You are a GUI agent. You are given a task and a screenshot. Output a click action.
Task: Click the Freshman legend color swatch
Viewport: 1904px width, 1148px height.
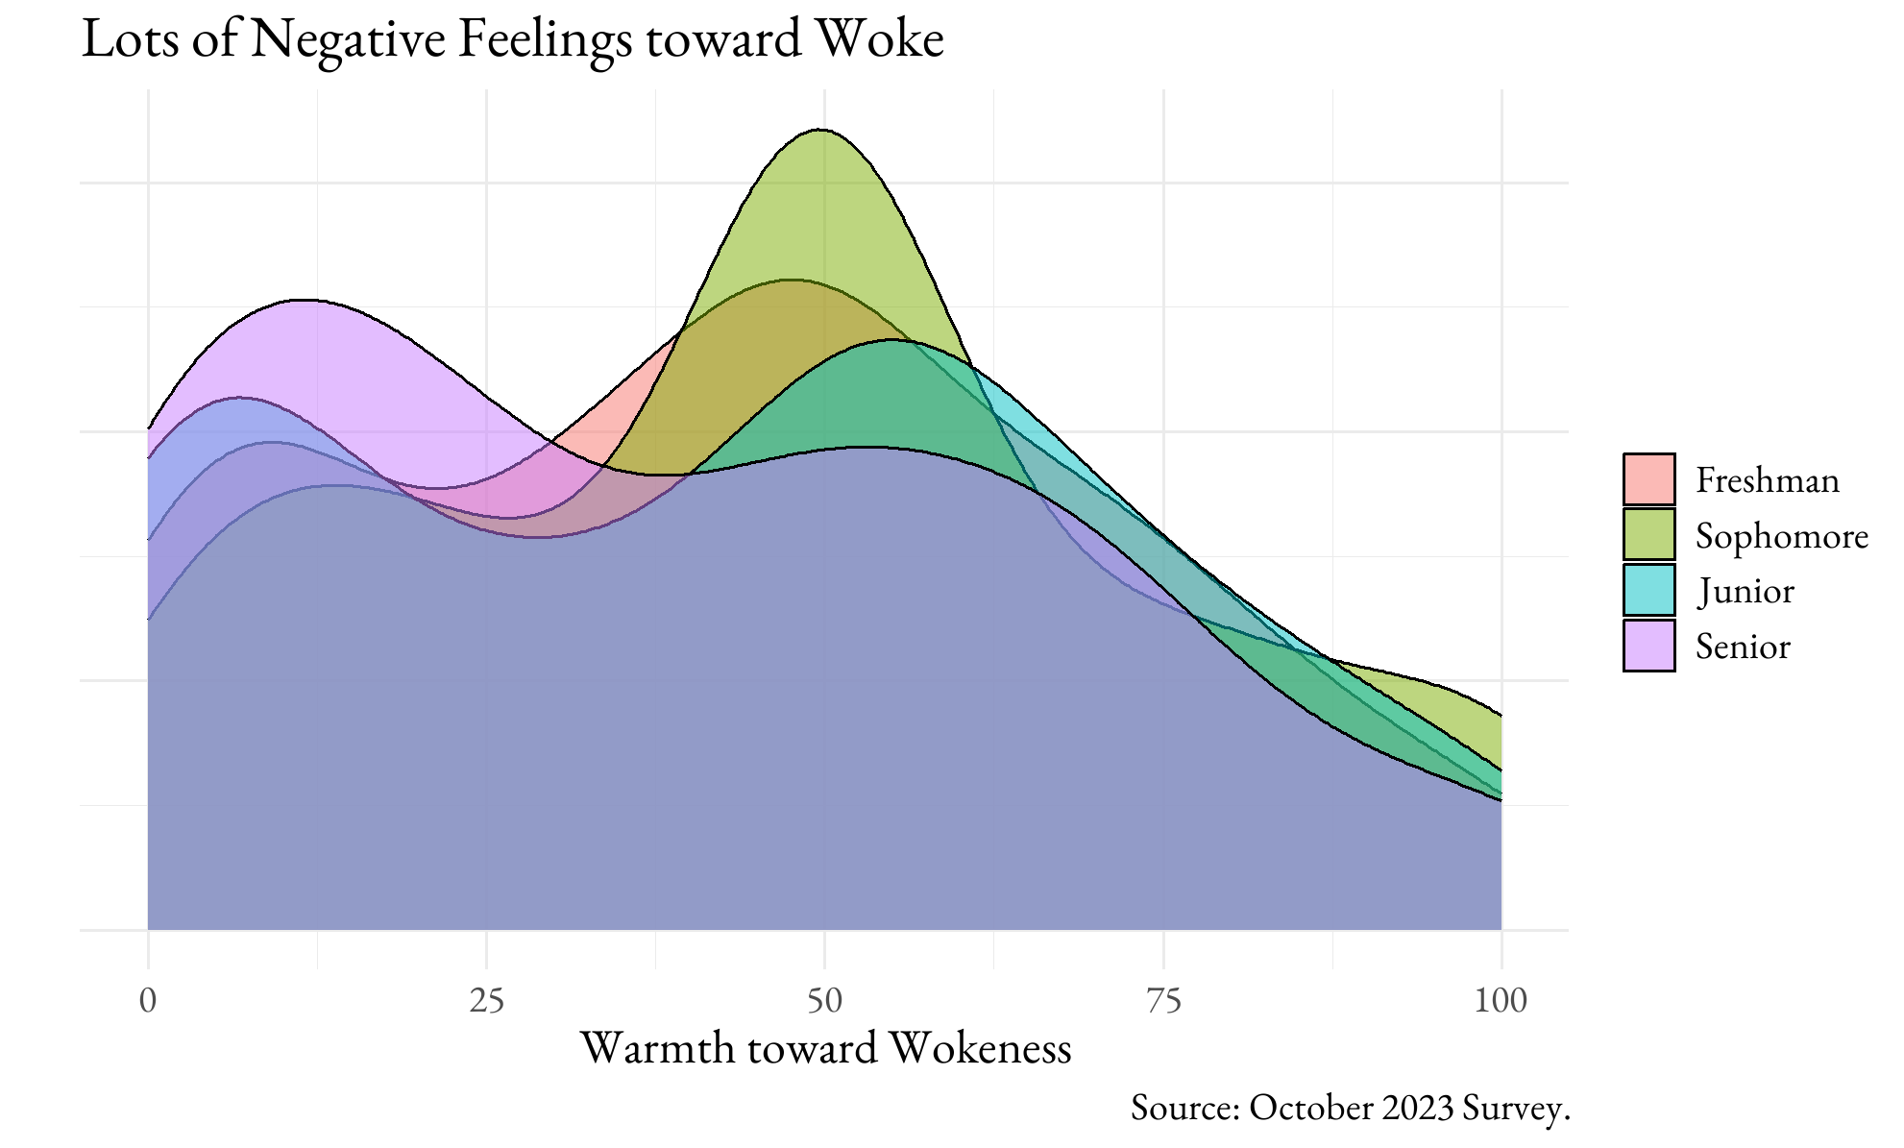tap(1648, 479)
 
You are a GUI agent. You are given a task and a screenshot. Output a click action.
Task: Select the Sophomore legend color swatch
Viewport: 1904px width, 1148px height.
tap(1648, 534)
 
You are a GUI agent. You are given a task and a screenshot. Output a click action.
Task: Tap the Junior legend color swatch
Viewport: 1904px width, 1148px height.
tap(1648, 590)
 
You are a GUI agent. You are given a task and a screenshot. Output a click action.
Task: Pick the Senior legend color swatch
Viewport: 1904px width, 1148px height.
tap(1648, 646)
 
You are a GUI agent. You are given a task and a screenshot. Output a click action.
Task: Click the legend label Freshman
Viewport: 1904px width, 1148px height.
tap(1767, 480)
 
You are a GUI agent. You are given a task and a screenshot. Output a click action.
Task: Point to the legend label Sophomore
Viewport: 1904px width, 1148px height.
tap(1781, 536)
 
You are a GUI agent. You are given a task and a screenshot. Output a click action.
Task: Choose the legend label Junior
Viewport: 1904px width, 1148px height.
tap(1745, 591)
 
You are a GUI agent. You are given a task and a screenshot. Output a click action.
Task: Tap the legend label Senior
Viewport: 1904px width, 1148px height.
tap(1743, 647)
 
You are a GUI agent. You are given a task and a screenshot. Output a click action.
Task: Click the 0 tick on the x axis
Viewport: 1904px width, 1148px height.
tap(148, 1001)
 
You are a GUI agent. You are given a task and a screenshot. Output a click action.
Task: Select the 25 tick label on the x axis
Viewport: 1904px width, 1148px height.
tap(486, 1001)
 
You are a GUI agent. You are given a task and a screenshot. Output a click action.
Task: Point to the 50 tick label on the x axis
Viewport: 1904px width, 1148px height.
tap(824, 1001)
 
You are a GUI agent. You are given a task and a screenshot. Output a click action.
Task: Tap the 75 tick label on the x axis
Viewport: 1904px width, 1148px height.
tap(1163, 1001)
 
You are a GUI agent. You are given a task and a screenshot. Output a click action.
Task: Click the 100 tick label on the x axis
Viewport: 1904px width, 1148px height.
tap(1501, 1001)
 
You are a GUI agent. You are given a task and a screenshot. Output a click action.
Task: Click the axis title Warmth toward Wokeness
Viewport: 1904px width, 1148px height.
tap(825, 1048)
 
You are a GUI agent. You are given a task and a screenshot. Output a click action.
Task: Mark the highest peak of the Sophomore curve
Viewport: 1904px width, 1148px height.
tap(819, 129)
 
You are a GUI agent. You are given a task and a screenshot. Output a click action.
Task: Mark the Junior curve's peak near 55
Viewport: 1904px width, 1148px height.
tap(891, 339)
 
